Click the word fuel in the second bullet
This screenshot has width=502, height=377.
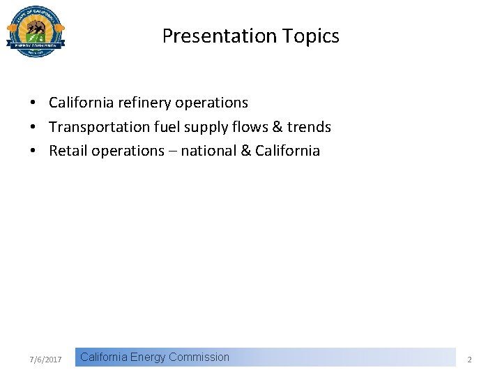[164, 127]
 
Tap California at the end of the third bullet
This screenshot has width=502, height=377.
[287, 151]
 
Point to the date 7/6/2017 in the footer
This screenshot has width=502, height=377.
[46, 360]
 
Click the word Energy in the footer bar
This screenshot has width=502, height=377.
[147, 357]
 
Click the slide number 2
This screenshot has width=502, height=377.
[469, 360]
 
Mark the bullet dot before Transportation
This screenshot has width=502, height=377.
[33, 127]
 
